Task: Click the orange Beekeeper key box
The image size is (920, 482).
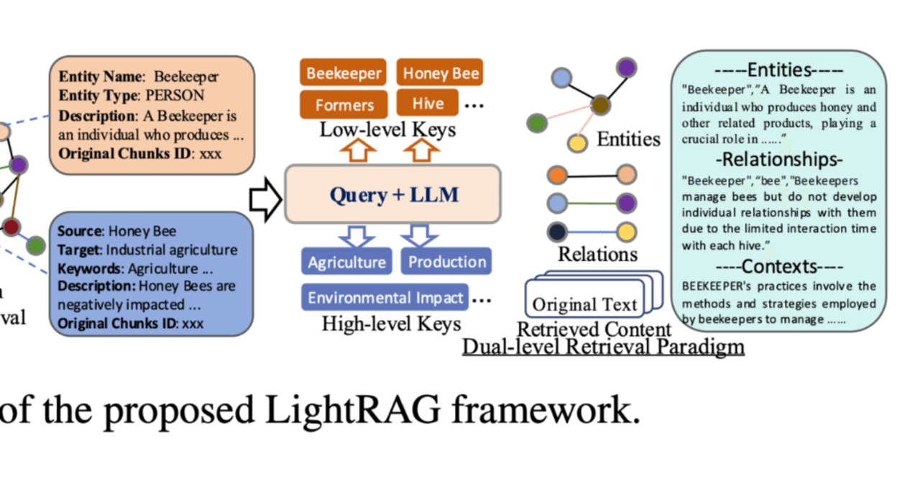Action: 343,73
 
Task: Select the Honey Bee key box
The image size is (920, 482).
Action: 441,73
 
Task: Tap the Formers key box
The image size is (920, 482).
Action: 344,104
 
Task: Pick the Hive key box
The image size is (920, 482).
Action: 427,104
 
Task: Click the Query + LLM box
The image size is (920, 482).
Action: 392,194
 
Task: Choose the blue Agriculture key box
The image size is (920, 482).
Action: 346,262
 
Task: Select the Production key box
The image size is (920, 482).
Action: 446,262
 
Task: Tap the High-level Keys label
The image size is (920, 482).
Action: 391,324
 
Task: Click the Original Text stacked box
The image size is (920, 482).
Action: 584,304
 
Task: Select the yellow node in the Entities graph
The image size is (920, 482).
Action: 576,142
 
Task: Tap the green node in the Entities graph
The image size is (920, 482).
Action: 536,123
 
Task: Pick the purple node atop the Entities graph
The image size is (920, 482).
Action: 626,68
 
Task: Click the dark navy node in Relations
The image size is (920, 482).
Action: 557,232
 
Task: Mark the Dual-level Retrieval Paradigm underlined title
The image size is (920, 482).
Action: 602,347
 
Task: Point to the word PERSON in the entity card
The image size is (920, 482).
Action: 175,96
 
